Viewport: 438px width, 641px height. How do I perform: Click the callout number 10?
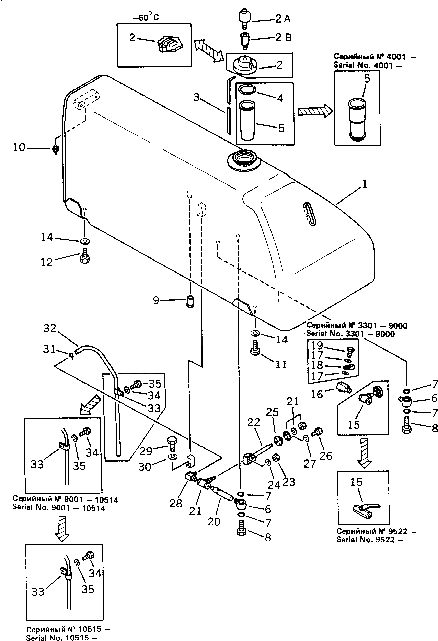click(19, 148)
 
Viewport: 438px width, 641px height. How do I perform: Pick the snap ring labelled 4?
click(247, 89)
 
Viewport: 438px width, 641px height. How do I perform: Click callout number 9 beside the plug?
click(156, 300)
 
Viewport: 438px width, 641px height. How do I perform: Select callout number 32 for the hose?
click(50, 328)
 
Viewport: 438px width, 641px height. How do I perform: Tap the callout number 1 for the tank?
click(365, 184)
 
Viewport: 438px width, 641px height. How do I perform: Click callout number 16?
click(316, 394)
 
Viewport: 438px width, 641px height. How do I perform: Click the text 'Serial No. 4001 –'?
click(367, 65)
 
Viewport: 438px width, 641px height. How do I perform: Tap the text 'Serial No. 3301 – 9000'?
click(350, 334)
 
